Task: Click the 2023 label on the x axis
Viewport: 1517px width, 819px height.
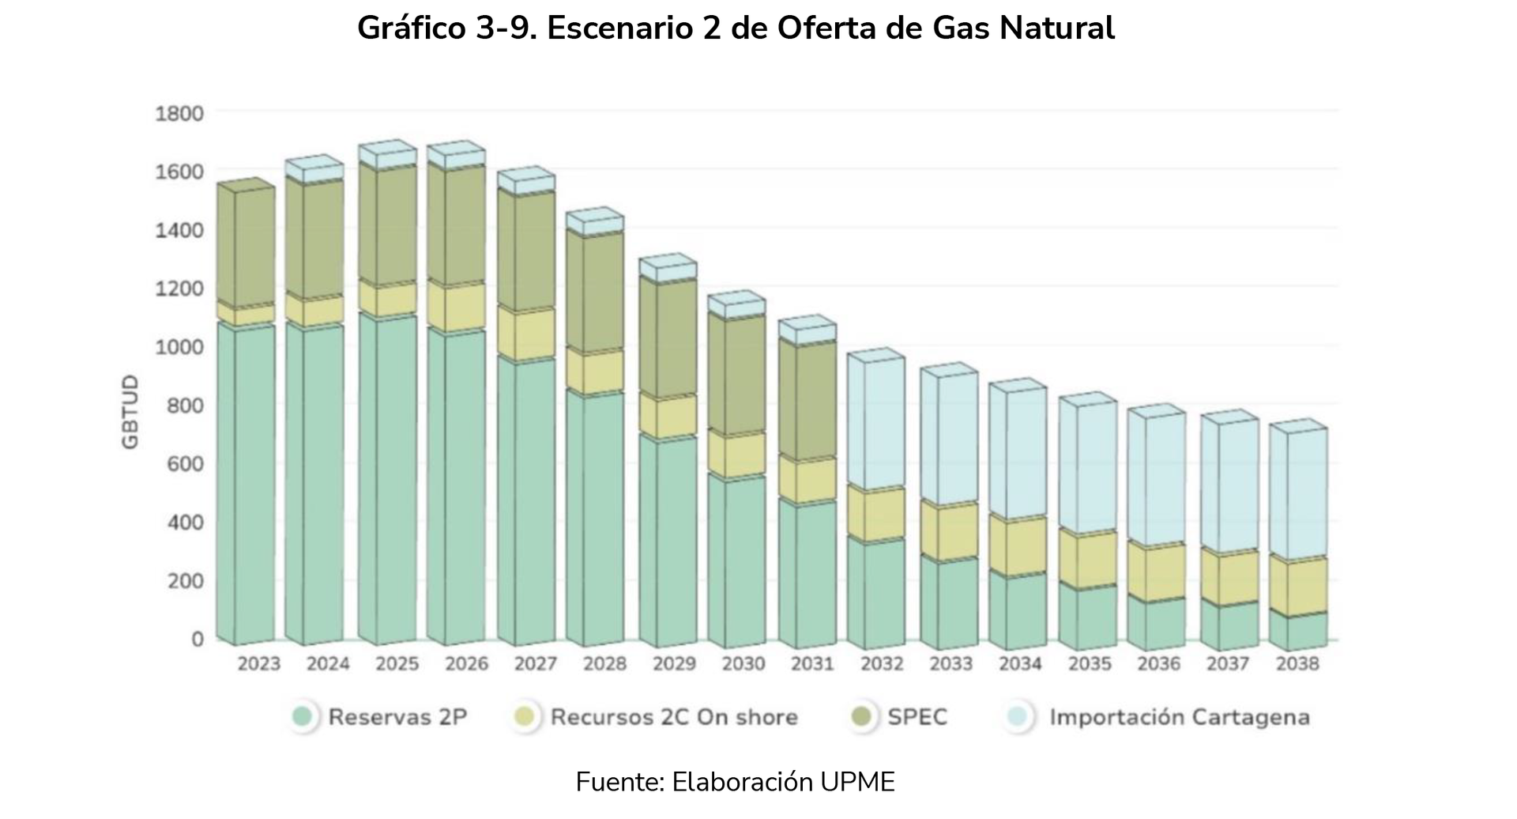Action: [x=259, y=664]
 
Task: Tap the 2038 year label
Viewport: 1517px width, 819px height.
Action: [x=1297, y=664]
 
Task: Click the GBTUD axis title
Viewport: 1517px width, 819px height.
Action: [x=130, y=412]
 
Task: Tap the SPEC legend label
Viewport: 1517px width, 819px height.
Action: [x=917, y=717]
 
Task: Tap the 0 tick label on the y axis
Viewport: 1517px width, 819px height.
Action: [x=197, y=639]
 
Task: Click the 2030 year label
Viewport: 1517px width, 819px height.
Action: [x=743, y=664]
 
